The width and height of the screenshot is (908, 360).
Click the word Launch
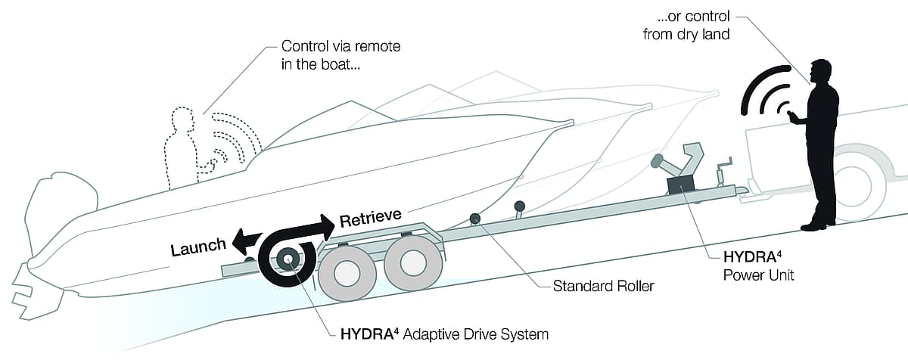point(198,247)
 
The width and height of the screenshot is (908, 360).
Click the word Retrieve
point(370,219)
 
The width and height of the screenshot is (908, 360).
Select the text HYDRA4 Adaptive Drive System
point(440,333)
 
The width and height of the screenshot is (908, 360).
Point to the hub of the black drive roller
point(288,259)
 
